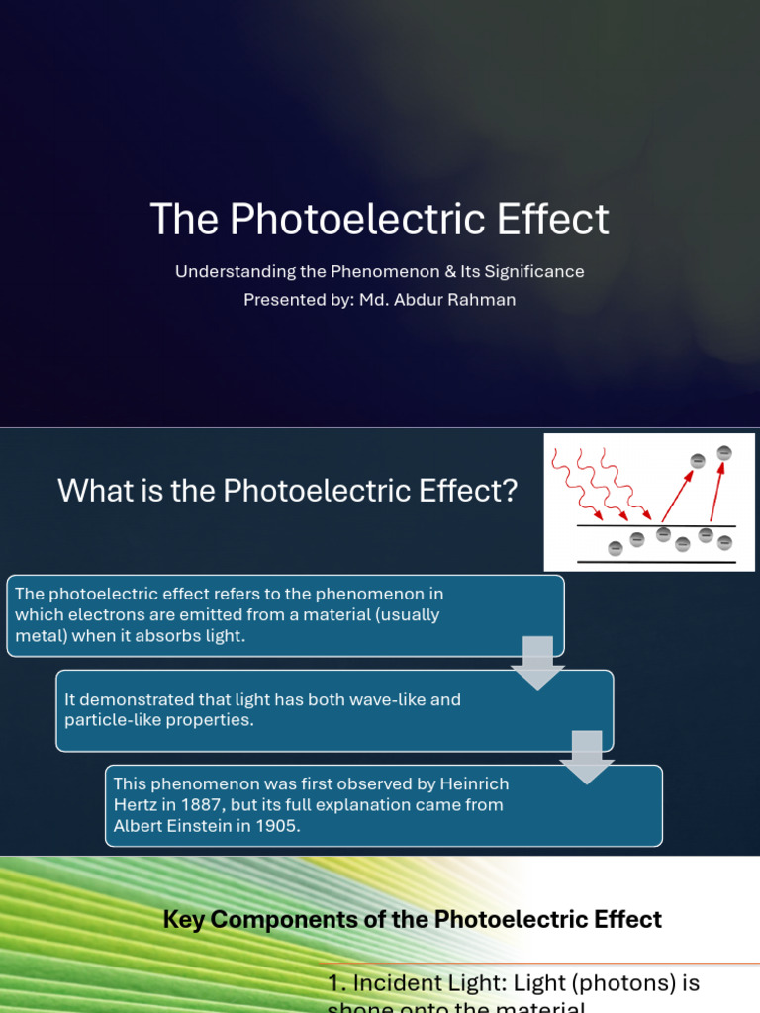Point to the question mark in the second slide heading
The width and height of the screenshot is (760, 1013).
(x=511, y=490)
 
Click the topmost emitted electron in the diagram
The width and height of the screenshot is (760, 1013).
(x=724, y=453)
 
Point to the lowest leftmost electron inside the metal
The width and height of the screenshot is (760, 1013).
(x=615, y=548)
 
